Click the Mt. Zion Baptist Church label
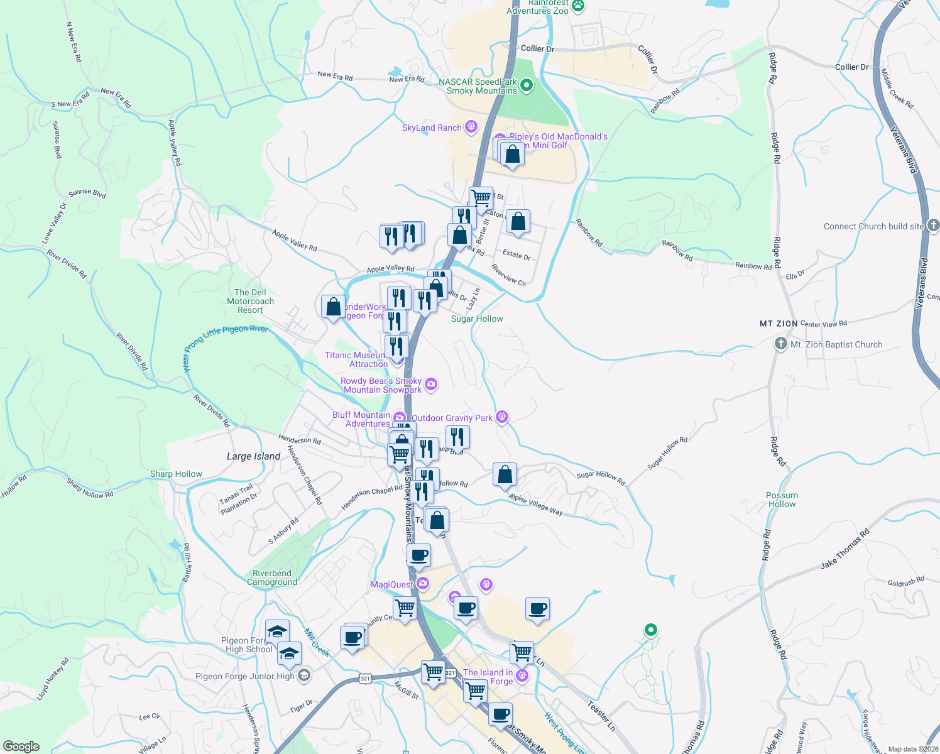pyautogui.click(x=836, y=344)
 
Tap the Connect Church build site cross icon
pyautogui.click(x=933, y=225)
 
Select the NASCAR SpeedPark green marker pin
pyautogui.click(x=527, y=85)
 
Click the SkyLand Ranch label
pyautogui.click(x=432, y=128)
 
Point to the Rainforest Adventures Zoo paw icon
pyautogui.click(x=577, y=6)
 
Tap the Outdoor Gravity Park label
pyautogui.click(x=452, y=418)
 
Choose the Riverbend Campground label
pyautogui.click(x=272, y=577)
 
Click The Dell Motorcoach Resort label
pyautogui.click(x=250, y=301)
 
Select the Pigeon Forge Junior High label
pyautogui.click(x=244, y=676)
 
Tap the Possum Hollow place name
pyautogui.click(x=782, y=500)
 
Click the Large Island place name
pyautogui.click(x=253, y=456)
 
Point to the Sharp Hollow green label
pyautogui.click(x=176, y=474)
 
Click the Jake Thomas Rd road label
pyautogui.click(x=844, y=549)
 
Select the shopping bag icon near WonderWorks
pyautogui.click(x=333, y=307)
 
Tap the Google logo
pyautogui.click(x=21, y=746)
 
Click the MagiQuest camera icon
pyautogui.click(x=423, y=584)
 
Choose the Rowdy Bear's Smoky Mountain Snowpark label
pyautogui.click(x=381, y=385)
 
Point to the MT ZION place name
pyautogui.click(x=779, y=324)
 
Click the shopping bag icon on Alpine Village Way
pyautogui.click(x=505, y=474)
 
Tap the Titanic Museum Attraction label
pyautogui.click(x=356, y=359)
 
